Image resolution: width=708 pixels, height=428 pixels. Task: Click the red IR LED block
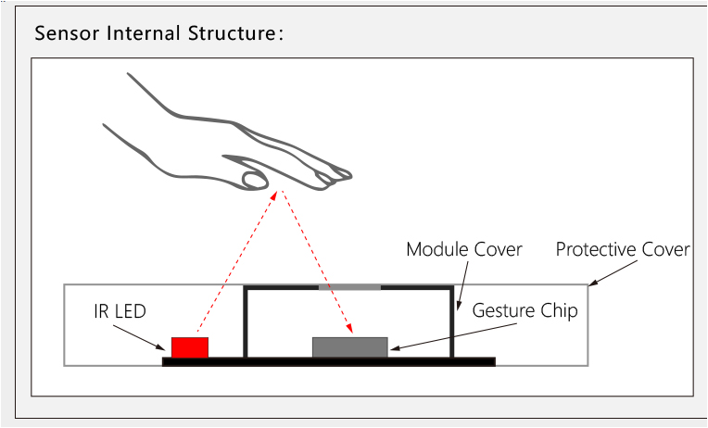pyautogui.click(x=190, y=347)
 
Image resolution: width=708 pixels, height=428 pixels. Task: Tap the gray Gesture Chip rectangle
pyautogui.click(x=349, y=347)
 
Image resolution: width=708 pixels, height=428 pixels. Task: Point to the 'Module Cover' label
pyautogui.click(x=464, y=250)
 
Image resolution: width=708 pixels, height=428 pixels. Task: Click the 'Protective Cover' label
pyautogui.click(x=622, y=250)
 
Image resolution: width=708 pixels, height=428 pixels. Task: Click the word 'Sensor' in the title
pyautogui.click(x=67, y=34)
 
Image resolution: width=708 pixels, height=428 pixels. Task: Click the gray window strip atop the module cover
pyautogui.click(x=349, y=287)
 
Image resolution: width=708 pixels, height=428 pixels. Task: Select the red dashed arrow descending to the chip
pyautogui.click(x=315, y=264)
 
